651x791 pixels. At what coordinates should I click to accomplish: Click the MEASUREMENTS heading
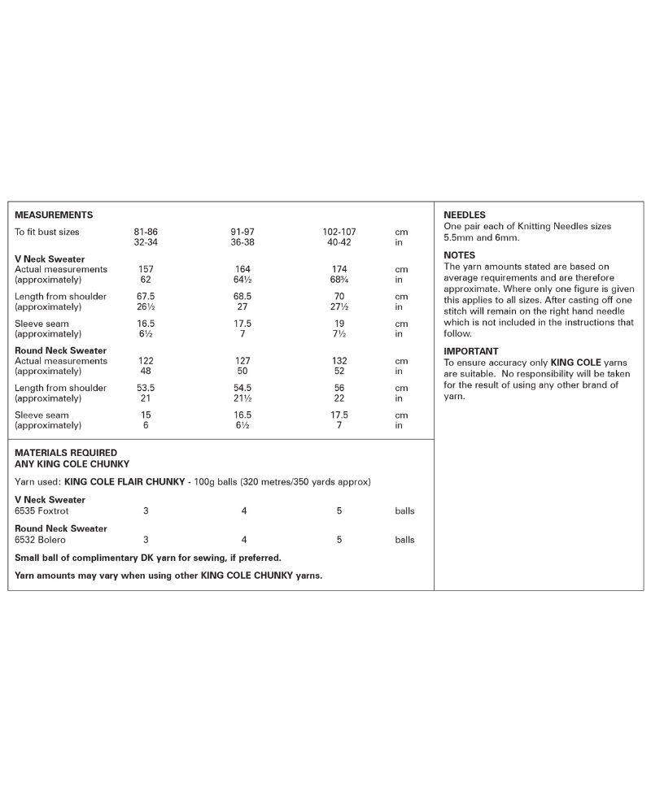(54, 215)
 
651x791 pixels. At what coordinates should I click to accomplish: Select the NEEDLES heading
(465, 215)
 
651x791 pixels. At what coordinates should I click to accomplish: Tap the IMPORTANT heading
(471, 351)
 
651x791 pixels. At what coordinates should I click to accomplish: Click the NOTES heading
(460, 255)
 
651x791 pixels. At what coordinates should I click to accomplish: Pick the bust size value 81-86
(146, 233)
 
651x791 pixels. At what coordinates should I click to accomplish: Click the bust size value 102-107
(339, 233)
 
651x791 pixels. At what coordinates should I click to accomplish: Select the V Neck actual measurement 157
(146, 269)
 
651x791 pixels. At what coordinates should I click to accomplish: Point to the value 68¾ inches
(339, 280)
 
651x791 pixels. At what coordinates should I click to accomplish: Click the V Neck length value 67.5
(146, 297)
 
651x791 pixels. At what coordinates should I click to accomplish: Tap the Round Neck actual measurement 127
(242, 361)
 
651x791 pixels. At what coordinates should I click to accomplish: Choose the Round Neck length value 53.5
(146, 389)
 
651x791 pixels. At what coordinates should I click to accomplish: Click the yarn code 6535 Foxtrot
(42, 511)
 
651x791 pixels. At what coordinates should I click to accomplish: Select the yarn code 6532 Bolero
(40, 540)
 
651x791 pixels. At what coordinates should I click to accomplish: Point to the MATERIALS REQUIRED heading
(66, 453)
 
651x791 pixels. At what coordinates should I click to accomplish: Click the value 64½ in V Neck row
(242, 280)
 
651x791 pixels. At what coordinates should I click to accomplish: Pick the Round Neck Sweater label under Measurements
(61, 350)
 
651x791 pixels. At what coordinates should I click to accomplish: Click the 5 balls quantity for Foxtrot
(339, 511)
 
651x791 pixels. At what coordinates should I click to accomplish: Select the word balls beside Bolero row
(404, 540)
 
